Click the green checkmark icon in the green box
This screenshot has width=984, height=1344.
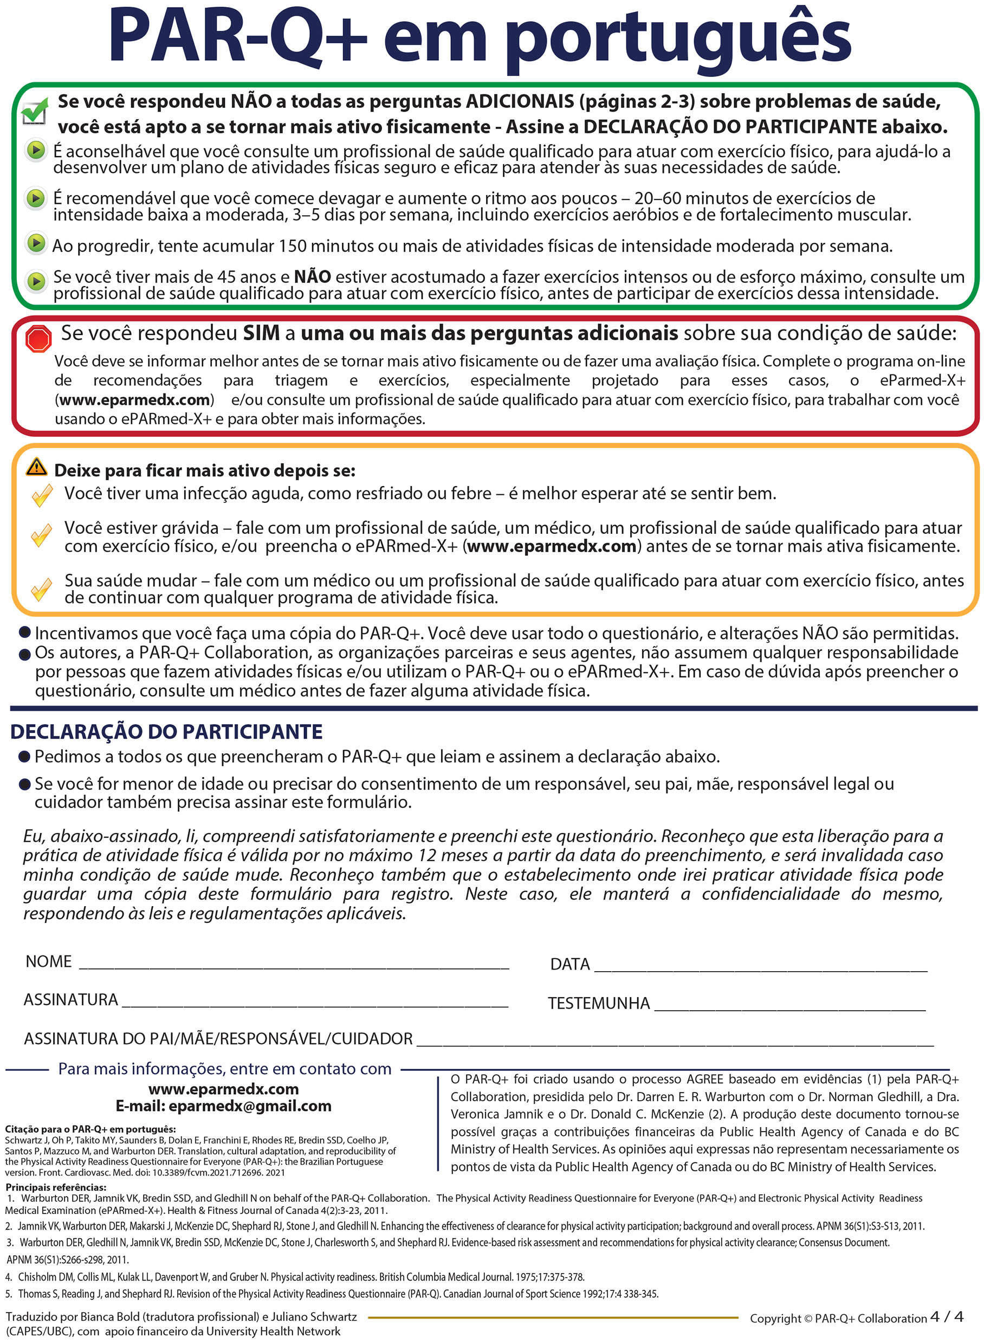point(34,111)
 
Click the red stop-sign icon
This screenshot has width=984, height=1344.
point(38,339)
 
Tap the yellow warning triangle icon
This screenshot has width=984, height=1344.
point(36,467)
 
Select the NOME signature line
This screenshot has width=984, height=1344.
point(294,964)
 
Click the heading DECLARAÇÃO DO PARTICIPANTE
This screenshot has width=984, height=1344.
point(166,732)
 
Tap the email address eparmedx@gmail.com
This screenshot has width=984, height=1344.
point(250,1106)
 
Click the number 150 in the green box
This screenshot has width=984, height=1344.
point(293,246)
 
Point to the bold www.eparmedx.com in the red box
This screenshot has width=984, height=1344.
point(134,400)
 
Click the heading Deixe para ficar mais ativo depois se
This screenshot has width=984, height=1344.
point(204,470)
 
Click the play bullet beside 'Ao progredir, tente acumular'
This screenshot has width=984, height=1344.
point(36,243)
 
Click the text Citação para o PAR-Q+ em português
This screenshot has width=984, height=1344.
point(90,1129)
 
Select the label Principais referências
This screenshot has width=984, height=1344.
point(56,1187)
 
